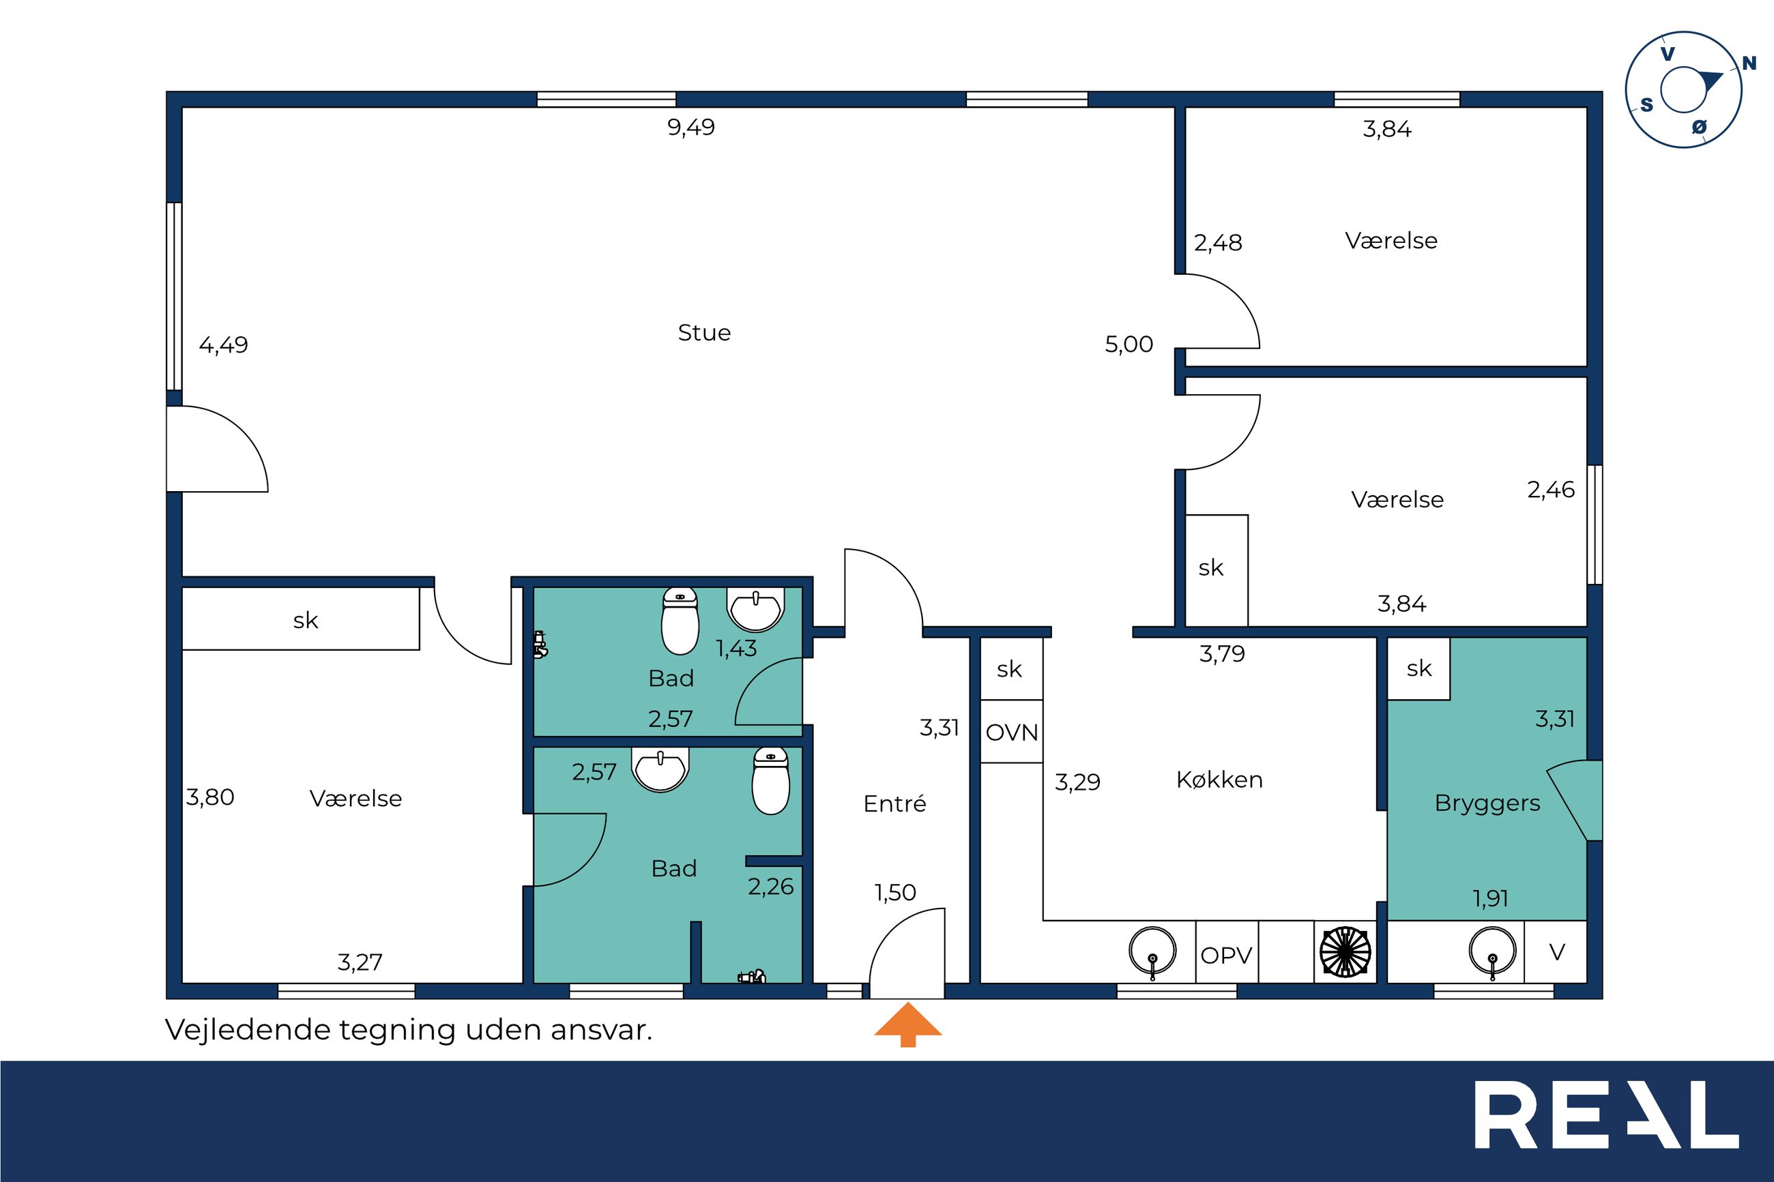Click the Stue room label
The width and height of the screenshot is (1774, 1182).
704,332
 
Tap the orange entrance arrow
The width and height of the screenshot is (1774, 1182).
907,1024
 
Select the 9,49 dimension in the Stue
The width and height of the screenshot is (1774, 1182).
690,128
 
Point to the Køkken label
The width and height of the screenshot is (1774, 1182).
1219,780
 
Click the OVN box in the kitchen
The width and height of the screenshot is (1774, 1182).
1012,732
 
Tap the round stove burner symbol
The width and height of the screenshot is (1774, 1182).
1345,951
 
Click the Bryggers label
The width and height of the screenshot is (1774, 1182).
1487,803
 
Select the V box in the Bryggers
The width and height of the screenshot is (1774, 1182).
1556,952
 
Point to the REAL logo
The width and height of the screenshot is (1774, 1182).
1607,1125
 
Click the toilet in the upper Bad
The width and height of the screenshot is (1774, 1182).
680,621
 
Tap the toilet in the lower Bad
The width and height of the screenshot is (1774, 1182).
770,781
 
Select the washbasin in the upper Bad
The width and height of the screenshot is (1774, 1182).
755,609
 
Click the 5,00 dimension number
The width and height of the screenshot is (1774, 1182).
1129,344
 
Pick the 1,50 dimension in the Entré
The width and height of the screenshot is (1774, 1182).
895,893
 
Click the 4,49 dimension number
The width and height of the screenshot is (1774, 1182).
223,345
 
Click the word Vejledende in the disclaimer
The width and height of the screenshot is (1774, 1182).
248,1030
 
